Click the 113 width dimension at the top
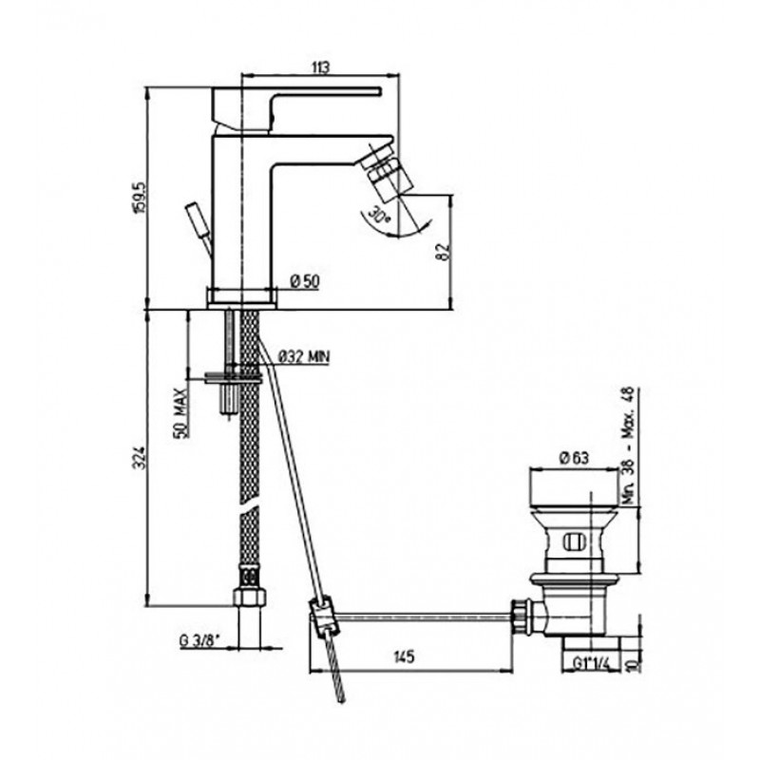(320, 66)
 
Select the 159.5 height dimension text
(142, 198)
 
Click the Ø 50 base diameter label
(305, 281)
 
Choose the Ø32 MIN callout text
(304, 357)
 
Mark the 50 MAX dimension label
(180, 413)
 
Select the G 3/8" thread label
(200, 642)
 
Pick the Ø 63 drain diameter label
(575, 458)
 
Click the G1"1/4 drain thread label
(590, 663)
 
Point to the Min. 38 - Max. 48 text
(628, 446)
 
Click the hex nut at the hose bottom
(249, 598)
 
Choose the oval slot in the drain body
(576, 541)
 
